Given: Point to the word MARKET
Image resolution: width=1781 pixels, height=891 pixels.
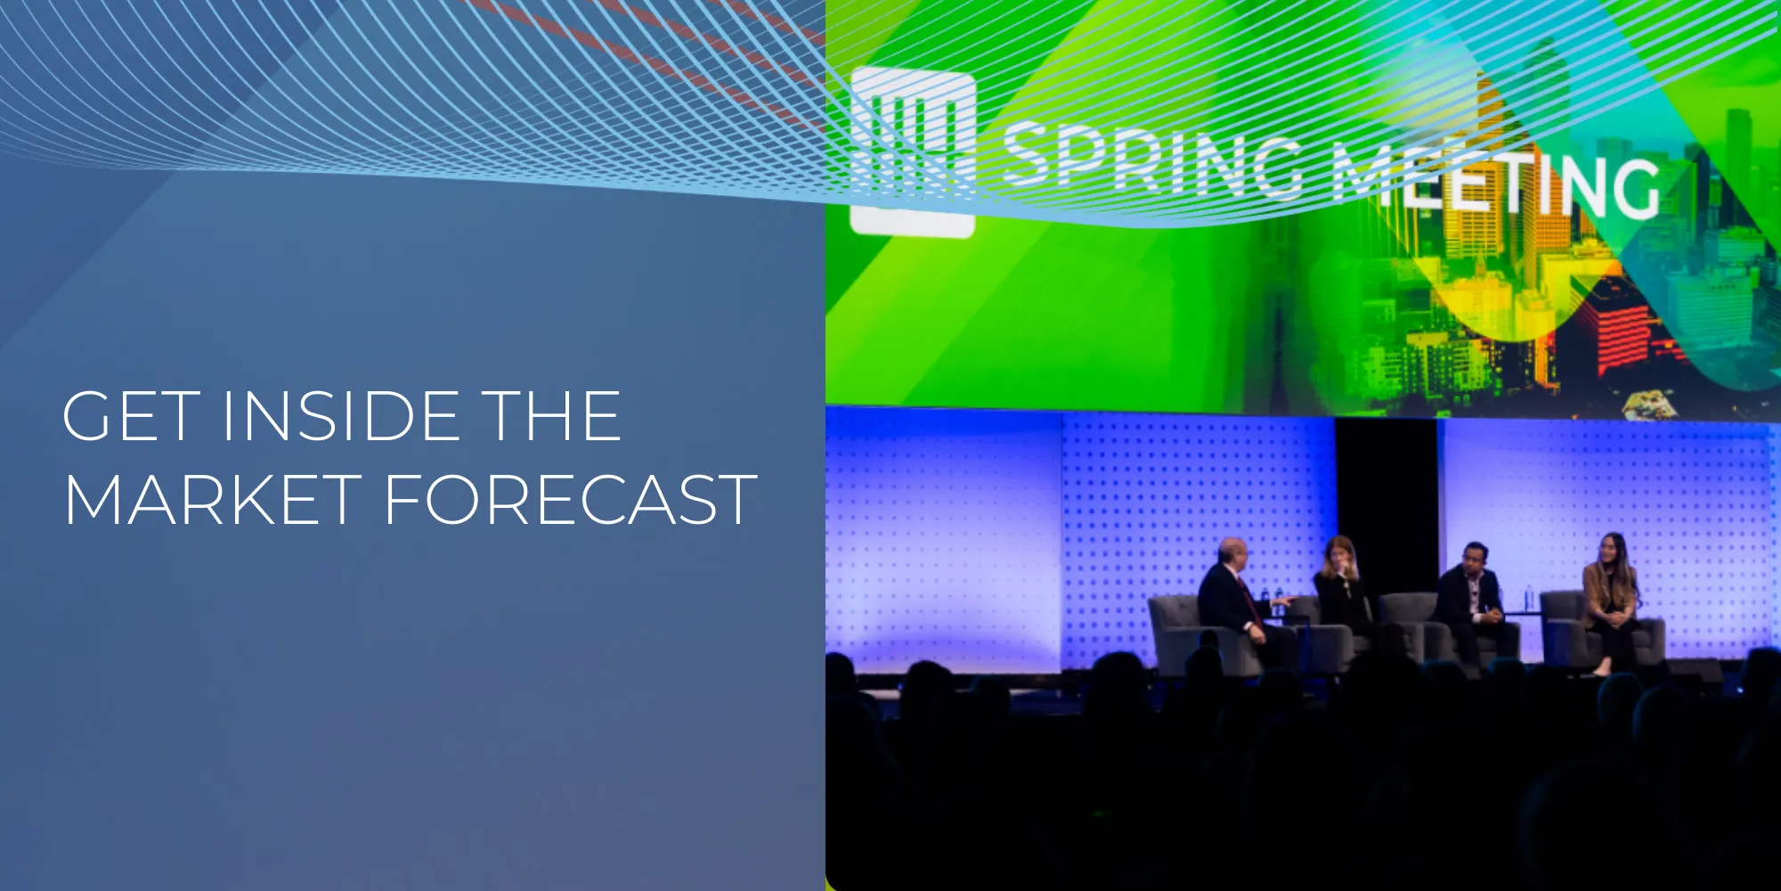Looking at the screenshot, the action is (213, 499).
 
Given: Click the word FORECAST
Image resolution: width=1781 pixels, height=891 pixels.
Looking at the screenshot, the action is (571, 499).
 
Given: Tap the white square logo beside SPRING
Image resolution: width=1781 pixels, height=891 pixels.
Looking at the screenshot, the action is (912, 151).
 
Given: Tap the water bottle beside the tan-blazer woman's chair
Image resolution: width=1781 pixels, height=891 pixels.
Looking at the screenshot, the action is (1530, 598).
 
